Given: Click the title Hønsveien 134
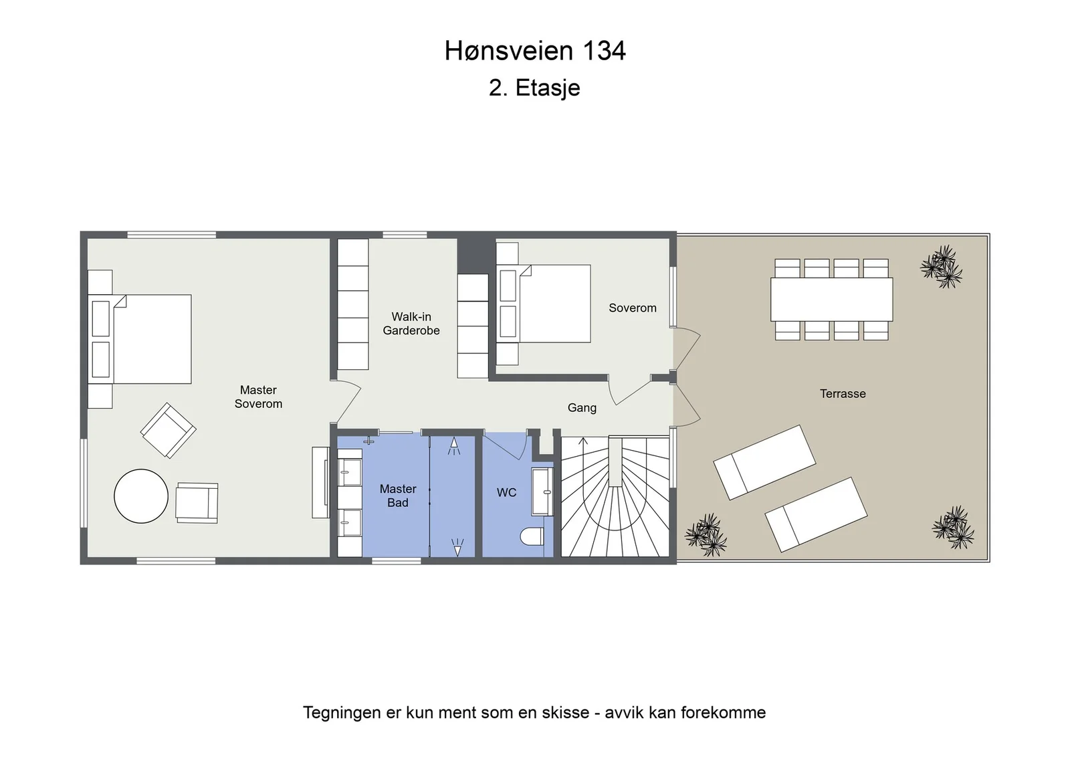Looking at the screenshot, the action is coord(534,51).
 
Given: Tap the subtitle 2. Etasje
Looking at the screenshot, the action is coord(534,88).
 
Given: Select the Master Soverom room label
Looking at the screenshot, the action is coord(258,397).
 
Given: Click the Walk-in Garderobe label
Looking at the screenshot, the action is coord(411,324).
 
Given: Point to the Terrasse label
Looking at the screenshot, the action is coord(843,393).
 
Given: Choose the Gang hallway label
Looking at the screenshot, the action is coord(582,408).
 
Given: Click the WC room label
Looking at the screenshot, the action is coord(506,492).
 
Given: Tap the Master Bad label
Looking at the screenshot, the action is coord(398,496).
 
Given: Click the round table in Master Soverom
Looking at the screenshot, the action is coord(141,496).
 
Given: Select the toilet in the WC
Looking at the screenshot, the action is coord(532,536).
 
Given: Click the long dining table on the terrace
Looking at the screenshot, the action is coord(832,300).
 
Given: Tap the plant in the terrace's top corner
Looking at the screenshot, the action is coord(941,267).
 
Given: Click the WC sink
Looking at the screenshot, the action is coord(542,492).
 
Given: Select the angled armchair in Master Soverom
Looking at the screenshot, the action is coord(168,431).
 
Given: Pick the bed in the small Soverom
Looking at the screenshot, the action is coord(544,304).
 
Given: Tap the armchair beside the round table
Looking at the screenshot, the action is coord(197,502).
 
